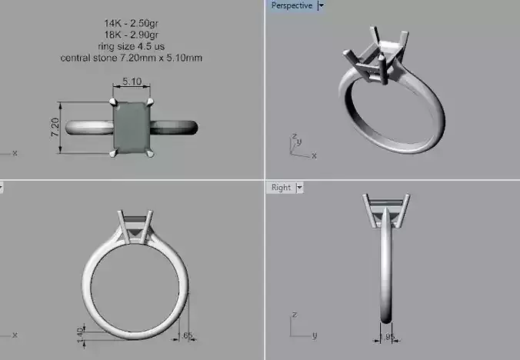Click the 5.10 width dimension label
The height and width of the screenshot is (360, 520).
pos(131,81)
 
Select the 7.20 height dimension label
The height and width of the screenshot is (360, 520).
pos(55,127)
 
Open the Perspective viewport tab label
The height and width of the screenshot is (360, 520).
pos(292,6)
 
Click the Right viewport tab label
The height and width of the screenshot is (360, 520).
pos(281,187)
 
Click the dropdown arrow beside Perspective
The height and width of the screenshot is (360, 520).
pos(321,6)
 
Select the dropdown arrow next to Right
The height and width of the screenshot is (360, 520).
pos(299,187)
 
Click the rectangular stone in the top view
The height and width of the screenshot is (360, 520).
pos(132,127)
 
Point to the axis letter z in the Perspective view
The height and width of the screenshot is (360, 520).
pos(294,136)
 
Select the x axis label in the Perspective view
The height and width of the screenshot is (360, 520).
pos(314,155)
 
